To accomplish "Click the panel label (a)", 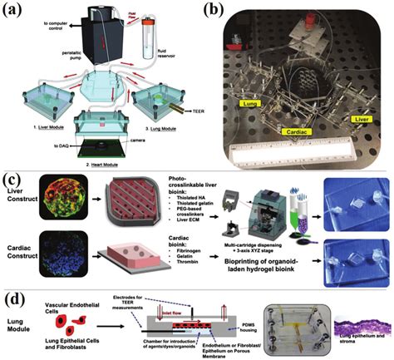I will [15, 12].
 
